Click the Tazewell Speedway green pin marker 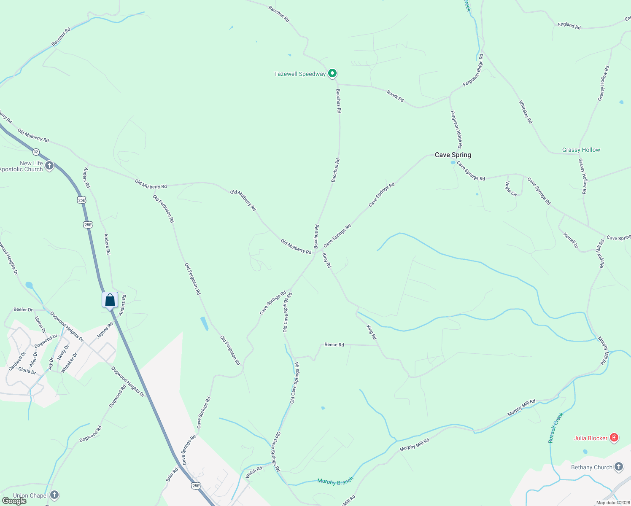pyautogui.click(x=332, y=73)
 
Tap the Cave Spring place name pyautogui.click(x=453, y=155)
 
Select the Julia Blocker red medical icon pyautogui.click(x=614, y=438)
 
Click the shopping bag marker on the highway pyautogui.click(x=110, y=300)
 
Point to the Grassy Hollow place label pyautogui.click(x=581, y=150)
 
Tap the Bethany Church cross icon pyautogui.click(x=619, y=467)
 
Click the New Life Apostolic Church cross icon pyautogui.click(x=49, y=166)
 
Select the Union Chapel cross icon pyautogui.click(x=54, y=495)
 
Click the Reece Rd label pyautogui.click(x=334, y=345)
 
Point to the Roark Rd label pyautogui.click(x=395, y=96)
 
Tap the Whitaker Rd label pyautogui.click(x=526, y=112)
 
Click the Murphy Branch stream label pyautogui.click(x=335, y=482)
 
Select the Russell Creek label pyautogui.click(x=555, y=428)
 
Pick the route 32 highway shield pyautogui.click(x=36, y=152)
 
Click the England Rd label pyautogui.click(x=569, y=25)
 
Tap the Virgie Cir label pyautogui.click(x=511, y=188)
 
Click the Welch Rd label pyautogui.click(x=254, y=472)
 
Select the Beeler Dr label pyautogui.click(x=23, y=310)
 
